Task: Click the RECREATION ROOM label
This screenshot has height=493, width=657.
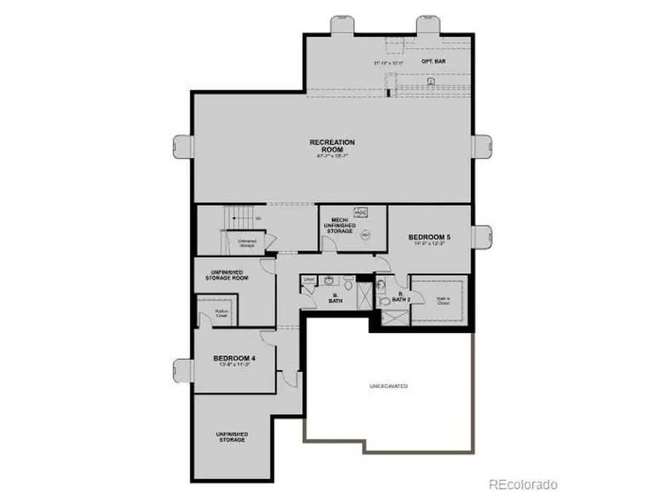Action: [x=332, y=145]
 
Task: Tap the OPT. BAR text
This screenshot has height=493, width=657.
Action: [x=434, y=62]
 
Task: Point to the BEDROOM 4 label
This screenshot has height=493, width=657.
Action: [x=234, y=358]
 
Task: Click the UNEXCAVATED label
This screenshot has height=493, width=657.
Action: [x=388, y=386]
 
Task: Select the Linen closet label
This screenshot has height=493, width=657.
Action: [x=309, y=280]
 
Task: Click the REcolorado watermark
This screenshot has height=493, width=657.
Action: [x=523, y=484]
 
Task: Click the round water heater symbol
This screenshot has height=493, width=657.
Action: [x=366, y=234]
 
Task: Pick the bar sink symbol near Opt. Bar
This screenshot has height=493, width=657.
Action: [x=431, y=82]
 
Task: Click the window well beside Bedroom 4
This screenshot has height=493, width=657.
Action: [x=182, y=372]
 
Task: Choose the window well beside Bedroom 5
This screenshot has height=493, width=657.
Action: [x=483, y=237]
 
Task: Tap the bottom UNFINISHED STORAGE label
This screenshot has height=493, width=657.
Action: [x=231, y=437]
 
